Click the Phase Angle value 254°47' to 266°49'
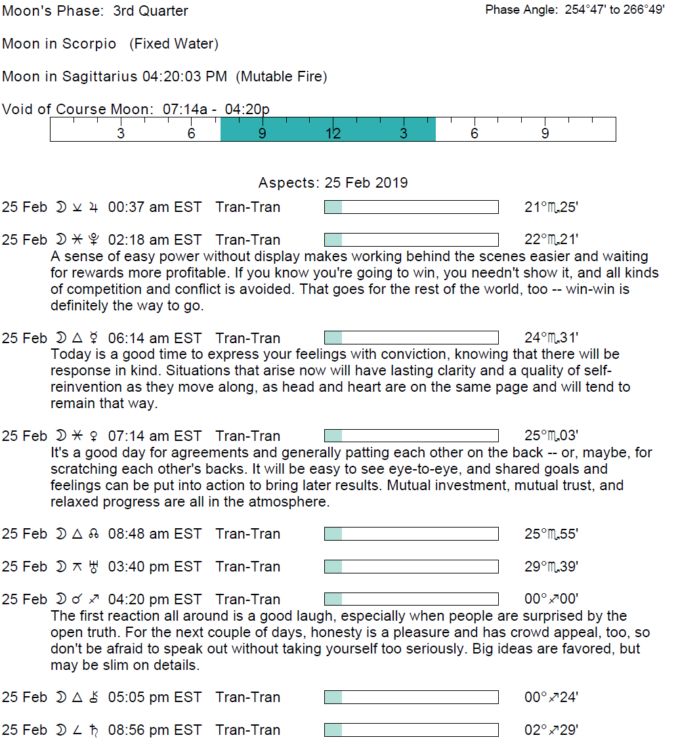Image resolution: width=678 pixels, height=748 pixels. click(x=614, y=10)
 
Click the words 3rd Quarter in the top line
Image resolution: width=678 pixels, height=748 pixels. click(x=150, y=11)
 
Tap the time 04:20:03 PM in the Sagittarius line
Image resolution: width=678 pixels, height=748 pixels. click(x=184, y=77)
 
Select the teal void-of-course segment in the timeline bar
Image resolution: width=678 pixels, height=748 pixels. click(x=328, y=129)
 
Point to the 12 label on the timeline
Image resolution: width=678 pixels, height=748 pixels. click(x=333, y=134)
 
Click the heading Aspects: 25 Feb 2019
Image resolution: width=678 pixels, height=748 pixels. click(x=333, y=183)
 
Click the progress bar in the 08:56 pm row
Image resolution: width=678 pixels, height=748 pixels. click(x=411, y=730)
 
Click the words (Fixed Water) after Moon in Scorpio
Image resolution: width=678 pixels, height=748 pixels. click(x=174, y=44)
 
